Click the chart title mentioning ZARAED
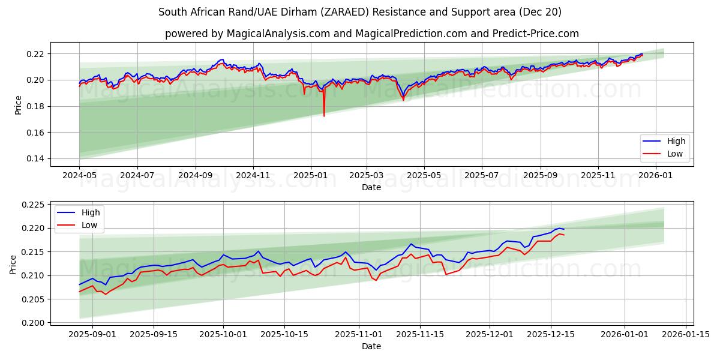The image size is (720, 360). click(360, 12)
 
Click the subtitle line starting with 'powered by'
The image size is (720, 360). click(372, 34)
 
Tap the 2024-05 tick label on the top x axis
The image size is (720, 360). click(79, 175)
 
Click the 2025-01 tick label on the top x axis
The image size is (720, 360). click(310, 175)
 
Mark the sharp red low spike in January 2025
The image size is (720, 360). click(324, 115)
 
